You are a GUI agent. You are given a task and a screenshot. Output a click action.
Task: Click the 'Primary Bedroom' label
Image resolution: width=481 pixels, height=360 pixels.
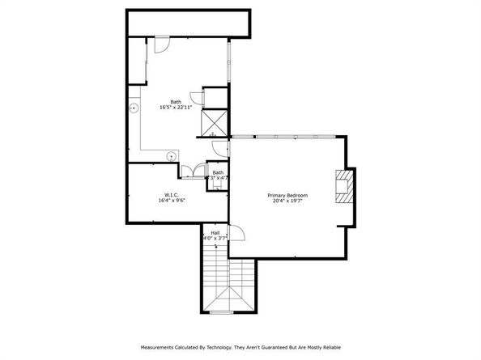287,195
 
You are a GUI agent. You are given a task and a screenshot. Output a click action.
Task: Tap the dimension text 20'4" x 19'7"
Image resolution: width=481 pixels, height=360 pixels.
287,201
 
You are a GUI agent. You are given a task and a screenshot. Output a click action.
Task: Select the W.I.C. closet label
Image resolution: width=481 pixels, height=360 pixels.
171,194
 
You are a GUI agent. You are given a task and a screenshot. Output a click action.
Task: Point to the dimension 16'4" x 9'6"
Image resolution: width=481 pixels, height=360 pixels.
171,201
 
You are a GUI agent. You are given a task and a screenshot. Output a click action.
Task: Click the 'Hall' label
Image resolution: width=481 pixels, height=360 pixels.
215,231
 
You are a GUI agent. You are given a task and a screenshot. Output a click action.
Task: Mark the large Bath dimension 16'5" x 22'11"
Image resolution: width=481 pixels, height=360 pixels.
175,106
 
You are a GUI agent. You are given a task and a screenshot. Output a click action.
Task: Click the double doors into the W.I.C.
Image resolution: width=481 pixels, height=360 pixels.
191,169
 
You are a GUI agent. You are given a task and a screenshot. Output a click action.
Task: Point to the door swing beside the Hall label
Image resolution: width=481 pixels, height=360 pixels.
236,234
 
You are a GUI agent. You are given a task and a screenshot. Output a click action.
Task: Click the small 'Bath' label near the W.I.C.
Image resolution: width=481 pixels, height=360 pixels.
217,172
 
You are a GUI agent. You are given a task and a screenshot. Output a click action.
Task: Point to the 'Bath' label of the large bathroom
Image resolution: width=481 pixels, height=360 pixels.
175,100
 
